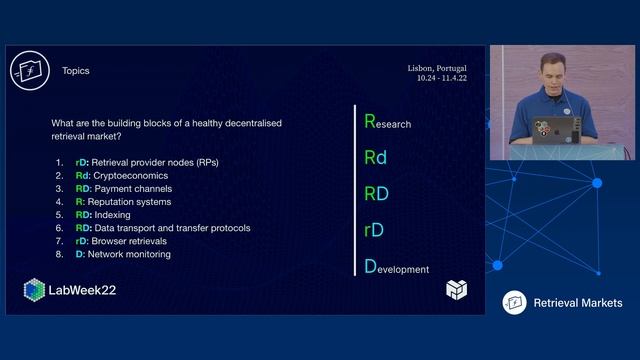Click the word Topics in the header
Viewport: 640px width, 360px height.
[x=75, y=71]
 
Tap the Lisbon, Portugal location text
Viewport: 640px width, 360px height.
[x=437, y=68]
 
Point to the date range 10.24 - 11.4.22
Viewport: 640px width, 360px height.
[x=442, y=78]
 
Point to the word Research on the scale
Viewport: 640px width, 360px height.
[x=387, y=123]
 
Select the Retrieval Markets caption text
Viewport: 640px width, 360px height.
[x=578, y=303]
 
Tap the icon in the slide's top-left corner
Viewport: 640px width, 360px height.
[x=29, y=70]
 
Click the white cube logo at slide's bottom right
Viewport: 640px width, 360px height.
[x=456, y=290]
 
